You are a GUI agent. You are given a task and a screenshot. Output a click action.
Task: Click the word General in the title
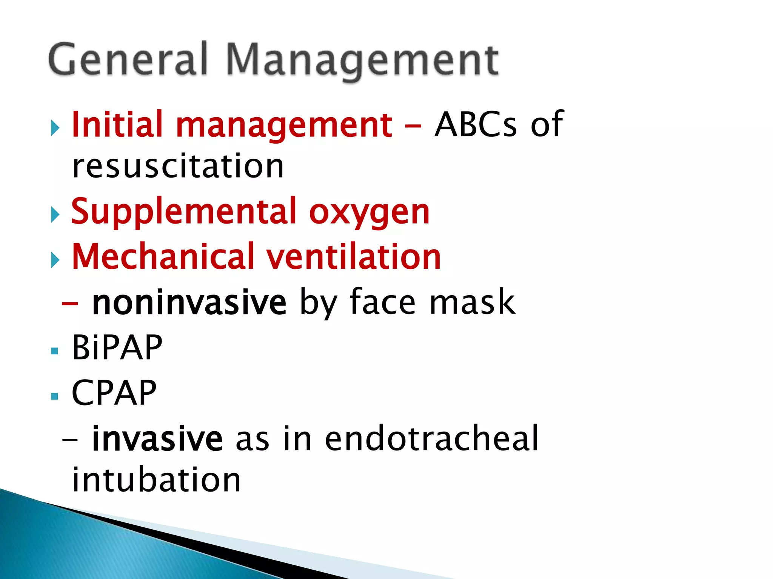[128, 60]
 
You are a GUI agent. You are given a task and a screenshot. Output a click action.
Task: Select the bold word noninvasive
[189, 302]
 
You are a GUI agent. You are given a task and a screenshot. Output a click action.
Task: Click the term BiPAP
[117, 348]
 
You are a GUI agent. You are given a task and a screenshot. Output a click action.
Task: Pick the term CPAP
[114, 393]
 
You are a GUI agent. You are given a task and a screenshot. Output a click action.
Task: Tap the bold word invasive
[157, 438]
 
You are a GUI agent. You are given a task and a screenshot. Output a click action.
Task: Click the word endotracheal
[431, 438]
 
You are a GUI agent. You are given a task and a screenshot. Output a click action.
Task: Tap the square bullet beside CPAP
[55, 396]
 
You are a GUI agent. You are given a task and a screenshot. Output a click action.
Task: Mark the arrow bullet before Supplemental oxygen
[55, 215]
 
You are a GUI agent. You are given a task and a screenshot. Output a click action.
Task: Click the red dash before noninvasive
[70, 303]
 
